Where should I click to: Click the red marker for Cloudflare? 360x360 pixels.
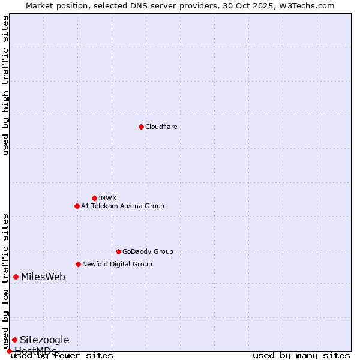pyautogui.click(x=141, y=127)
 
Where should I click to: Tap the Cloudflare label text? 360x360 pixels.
pyautogui.click(x=161, y=127)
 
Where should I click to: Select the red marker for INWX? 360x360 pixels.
pyautogui.click(x=94, y=198)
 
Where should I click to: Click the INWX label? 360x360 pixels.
pyautogui.click(x=107, y=198)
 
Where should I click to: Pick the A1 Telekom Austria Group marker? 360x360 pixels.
pyautogui.click(x=77, y=206)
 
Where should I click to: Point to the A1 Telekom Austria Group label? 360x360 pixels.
pyautogui.click(x=122, y=206)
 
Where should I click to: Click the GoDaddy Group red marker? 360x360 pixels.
pyautogui.click(x=118, y=251)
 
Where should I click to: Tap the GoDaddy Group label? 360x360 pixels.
pyautogui.click(x=148, y=251)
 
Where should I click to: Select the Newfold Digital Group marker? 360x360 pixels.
pyautogui.click(x=78, y=264)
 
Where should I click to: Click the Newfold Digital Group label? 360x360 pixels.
pyautogui.click(x=117, y=264)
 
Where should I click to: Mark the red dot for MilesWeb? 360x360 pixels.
pyautogui.click(x=16, y=277)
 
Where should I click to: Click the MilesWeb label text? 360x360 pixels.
pyautogui.click(x=43, y=277)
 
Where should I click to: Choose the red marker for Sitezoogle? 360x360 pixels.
pyautogui.click(x=14, y=340)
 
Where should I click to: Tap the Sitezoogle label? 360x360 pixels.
pyautogui.click(x=44, y=340)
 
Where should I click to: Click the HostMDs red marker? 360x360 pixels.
pyautogui.click(x=9, y=351)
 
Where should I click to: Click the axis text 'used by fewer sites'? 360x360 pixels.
pyautogui.click(x=62, y=356)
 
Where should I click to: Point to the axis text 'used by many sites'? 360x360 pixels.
pyautogui.click(x=301, y=356)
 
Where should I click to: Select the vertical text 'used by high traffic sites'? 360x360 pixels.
pyautogui.click(x=5, y=85)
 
